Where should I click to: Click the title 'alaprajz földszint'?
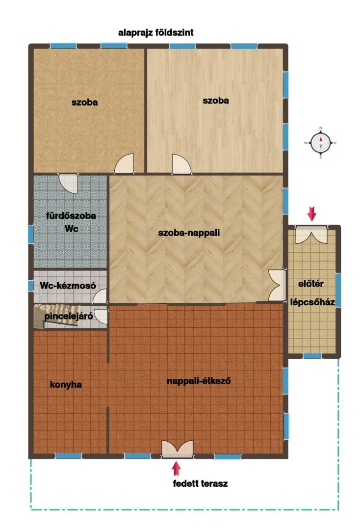155,33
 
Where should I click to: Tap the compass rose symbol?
320,143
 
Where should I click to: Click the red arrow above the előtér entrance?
312,214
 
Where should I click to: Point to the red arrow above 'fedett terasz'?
176,469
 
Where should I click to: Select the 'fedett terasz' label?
200,483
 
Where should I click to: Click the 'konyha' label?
66,385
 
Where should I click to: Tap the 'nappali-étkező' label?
199,381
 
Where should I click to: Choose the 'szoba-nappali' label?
189,233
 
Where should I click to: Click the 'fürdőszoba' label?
71,215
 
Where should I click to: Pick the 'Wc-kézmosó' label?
68,286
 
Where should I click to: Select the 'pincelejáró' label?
69,317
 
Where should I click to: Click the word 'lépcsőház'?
312,302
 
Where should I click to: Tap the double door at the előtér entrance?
311,235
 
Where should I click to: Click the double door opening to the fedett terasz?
177,449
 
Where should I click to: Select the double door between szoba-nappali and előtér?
277,285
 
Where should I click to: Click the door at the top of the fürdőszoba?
69,184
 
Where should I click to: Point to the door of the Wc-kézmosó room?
100,296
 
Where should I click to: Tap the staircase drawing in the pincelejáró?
56,316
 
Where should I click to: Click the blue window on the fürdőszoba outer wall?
31,234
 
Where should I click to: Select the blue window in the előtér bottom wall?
312,356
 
